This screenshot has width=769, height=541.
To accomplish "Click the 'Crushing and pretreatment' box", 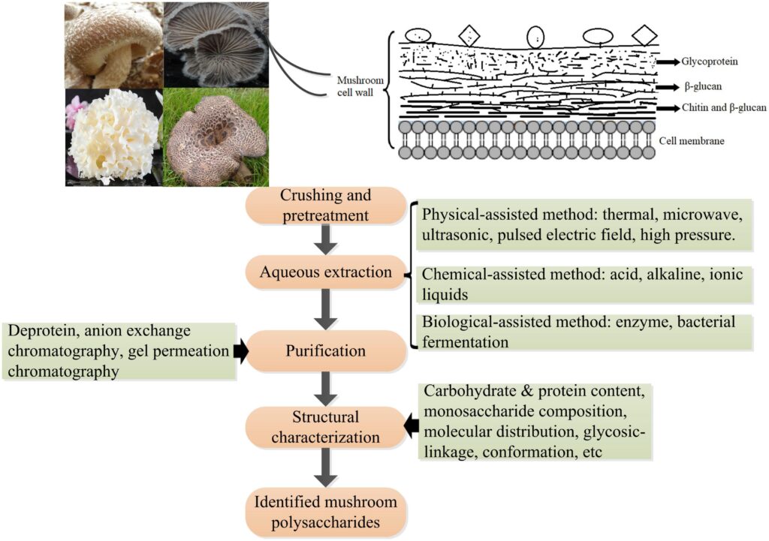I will (x=325, y=205).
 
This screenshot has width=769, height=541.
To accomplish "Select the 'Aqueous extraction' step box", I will (x=325, y=273).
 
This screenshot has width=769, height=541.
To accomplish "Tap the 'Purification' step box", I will (x=325, y=350).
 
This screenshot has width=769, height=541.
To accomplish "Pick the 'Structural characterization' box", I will (x=325, y=427).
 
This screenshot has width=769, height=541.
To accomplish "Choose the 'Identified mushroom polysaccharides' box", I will (x=325, y=511).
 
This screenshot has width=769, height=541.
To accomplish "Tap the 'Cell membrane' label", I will (x=692, y=140).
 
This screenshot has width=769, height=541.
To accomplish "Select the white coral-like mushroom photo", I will (x=113, y=137).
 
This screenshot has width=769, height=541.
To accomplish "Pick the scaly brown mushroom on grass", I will (x=216, y=137).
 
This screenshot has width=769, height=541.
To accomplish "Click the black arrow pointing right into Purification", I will (x=241, y=351).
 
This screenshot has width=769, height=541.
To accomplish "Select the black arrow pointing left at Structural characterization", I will (x=412, y=425).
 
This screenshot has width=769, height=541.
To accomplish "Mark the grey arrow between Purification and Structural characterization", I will (x=325, y=389).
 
